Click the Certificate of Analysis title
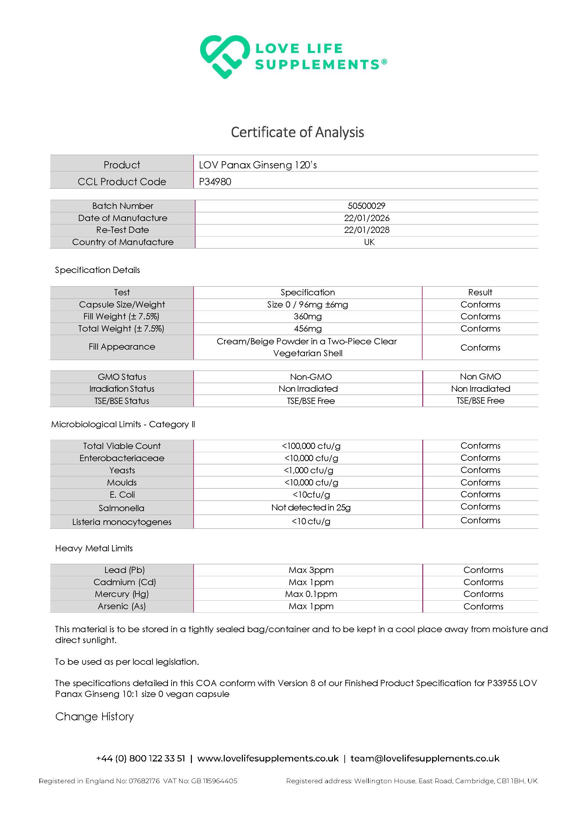click(297, 132)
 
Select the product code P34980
click(215, 182)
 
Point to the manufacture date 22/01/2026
click(366, 218)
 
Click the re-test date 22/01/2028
click(366, 230)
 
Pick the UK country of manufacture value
click(369, 242)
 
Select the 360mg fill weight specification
click(308, 316)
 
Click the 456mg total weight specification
click(308, 329)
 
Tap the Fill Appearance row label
click(122, 347)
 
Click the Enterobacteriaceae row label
click(122, 458)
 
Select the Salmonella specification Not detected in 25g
click(311, 508)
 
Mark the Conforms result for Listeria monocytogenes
click(480, 520)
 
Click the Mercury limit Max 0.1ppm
click(311, 594)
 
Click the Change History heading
click(95, 716)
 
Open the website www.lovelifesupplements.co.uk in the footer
click(267, 758)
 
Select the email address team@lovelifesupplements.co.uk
click(425, 758)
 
